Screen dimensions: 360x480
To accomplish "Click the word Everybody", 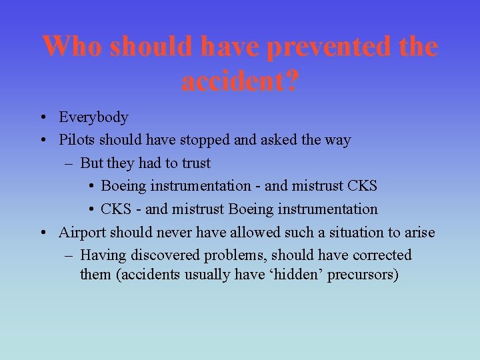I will pos(93,118).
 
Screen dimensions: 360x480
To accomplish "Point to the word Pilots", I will pos(77,141).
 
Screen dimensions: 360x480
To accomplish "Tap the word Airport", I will pos(82,233).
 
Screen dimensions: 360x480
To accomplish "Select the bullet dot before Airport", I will pos(42,233).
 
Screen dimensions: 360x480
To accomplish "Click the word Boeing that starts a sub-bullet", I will pos(123,187).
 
